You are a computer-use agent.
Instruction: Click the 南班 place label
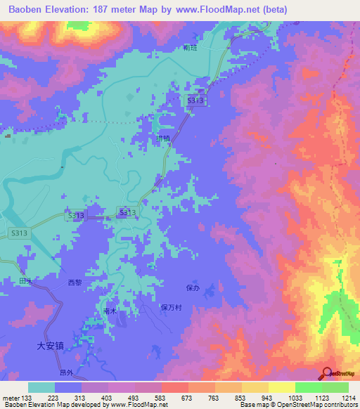point(188,48)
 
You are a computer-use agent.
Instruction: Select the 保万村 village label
point(172,307)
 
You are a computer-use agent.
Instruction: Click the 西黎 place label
point(75,282)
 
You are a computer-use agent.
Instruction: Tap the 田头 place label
point(26,280)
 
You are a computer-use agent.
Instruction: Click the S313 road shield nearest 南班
point(196,101)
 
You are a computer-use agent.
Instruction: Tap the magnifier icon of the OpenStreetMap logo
point(328,373)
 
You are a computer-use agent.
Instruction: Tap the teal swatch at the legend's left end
point(41,387)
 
